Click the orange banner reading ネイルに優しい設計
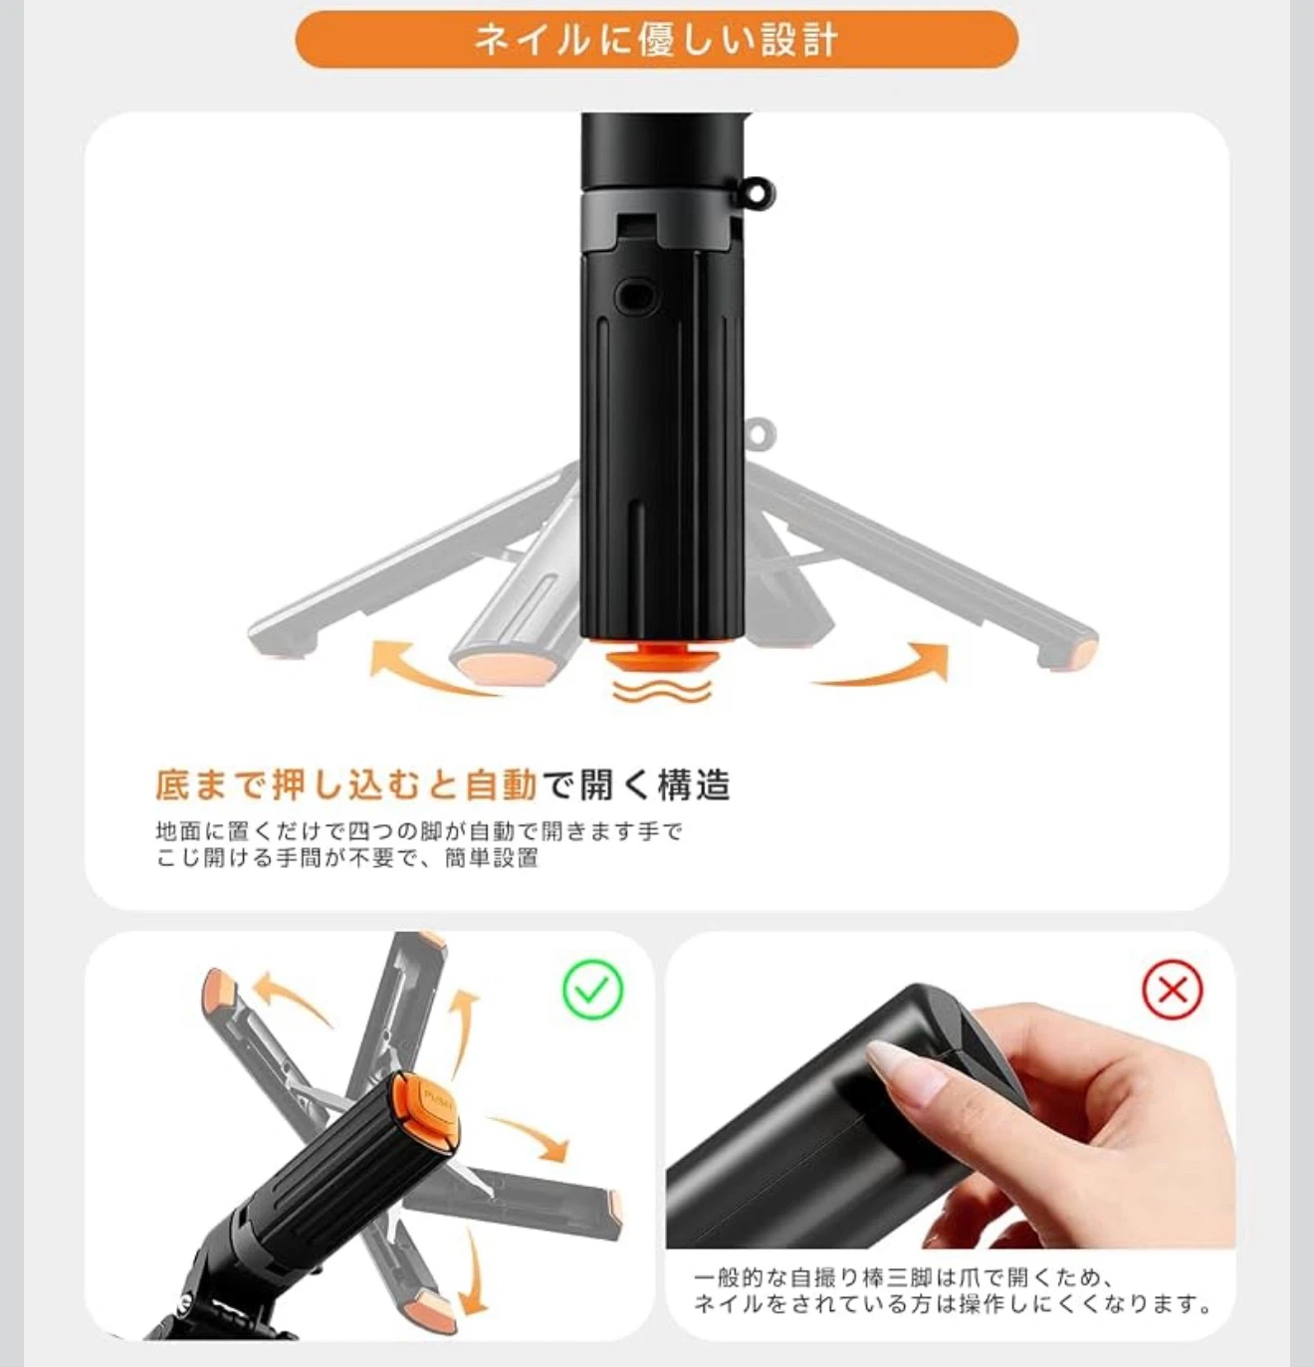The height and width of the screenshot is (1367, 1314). coord(656,40)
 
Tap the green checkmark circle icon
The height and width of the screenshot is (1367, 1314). coord(592,990)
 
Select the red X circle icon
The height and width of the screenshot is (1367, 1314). coord(1172,990)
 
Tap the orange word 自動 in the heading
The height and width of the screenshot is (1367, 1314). coord(502,785)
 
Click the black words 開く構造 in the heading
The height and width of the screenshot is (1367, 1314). coord(655,785)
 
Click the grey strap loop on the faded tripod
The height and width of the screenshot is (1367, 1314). coord(762,435)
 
